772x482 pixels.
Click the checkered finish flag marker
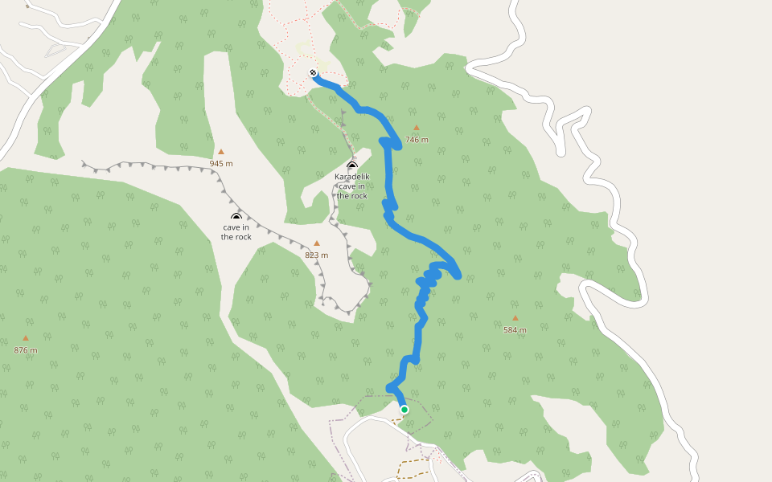pos(313,73)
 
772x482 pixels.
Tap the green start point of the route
pos(404,410)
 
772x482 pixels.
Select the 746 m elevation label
pos(417,140)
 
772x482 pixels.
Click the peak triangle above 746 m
pos(417,128)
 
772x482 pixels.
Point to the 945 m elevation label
pos(221,163)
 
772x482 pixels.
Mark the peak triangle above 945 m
pos(221,151)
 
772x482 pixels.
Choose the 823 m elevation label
pos(317,255)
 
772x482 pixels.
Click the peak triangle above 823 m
pos(317,243)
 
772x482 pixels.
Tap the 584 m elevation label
pos(515,330)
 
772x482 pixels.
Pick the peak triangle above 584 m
pos(515,318)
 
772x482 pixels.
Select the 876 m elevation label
pos(26,350)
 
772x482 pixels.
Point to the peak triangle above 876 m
pos(26,338)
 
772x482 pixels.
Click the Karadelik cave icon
pos(351,165)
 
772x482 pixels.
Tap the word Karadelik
pos(352,177)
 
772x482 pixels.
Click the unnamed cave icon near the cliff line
pos(236,217)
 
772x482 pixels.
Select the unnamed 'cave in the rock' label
pos(236,231)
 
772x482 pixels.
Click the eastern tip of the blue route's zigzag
pos(458,276)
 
